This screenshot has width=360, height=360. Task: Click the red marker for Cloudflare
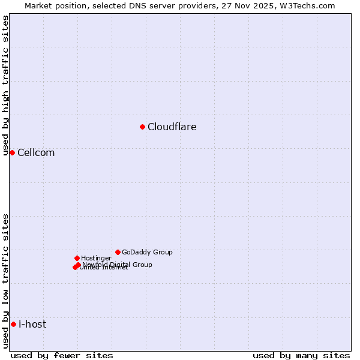coord(142,127)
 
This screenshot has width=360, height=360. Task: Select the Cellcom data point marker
coord(12,152)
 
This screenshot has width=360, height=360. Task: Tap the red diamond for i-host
coord(13,324)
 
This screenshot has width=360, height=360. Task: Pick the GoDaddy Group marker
coord(118,252)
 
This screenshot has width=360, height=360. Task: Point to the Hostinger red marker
coord(77,258)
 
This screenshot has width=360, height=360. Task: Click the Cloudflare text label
coord(172,127)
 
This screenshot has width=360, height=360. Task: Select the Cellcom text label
coord(36,152)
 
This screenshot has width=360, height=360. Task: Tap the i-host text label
coord(32,324)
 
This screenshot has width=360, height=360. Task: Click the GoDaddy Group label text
coord(147,252)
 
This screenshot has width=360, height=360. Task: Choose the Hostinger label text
coord(96,258)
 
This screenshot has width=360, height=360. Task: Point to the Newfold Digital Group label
coord(118,264)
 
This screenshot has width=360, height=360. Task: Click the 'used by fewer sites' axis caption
coord(62,355)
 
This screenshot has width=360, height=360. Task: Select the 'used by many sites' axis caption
coord(301,355)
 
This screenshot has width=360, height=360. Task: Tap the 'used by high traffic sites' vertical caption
coord(5,85)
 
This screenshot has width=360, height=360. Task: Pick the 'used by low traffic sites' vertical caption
coord(5,281)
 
